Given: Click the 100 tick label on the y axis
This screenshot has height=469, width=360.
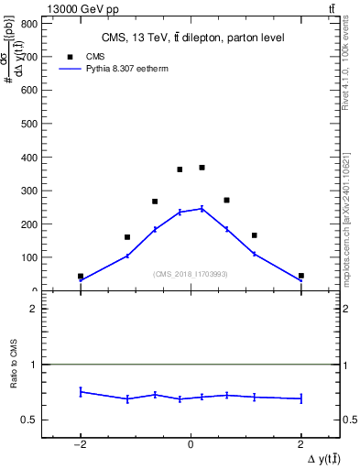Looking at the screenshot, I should [x=34, y=257].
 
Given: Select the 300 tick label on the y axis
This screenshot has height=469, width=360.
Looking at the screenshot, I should [x=34, y=191].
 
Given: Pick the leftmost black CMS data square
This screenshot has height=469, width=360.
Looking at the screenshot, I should [x=81, y=276].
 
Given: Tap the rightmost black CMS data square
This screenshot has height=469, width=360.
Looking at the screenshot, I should [x=300, y=276].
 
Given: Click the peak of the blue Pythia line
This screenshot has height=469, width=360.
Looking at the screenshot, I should [x=202, y=209].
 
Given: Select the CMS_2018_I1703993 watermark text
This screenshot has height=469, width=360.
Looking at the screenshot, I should [x=190, y=274].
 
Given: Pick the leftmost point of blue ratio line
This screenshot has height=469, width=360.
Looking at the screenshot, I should [x=81, y=391].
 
